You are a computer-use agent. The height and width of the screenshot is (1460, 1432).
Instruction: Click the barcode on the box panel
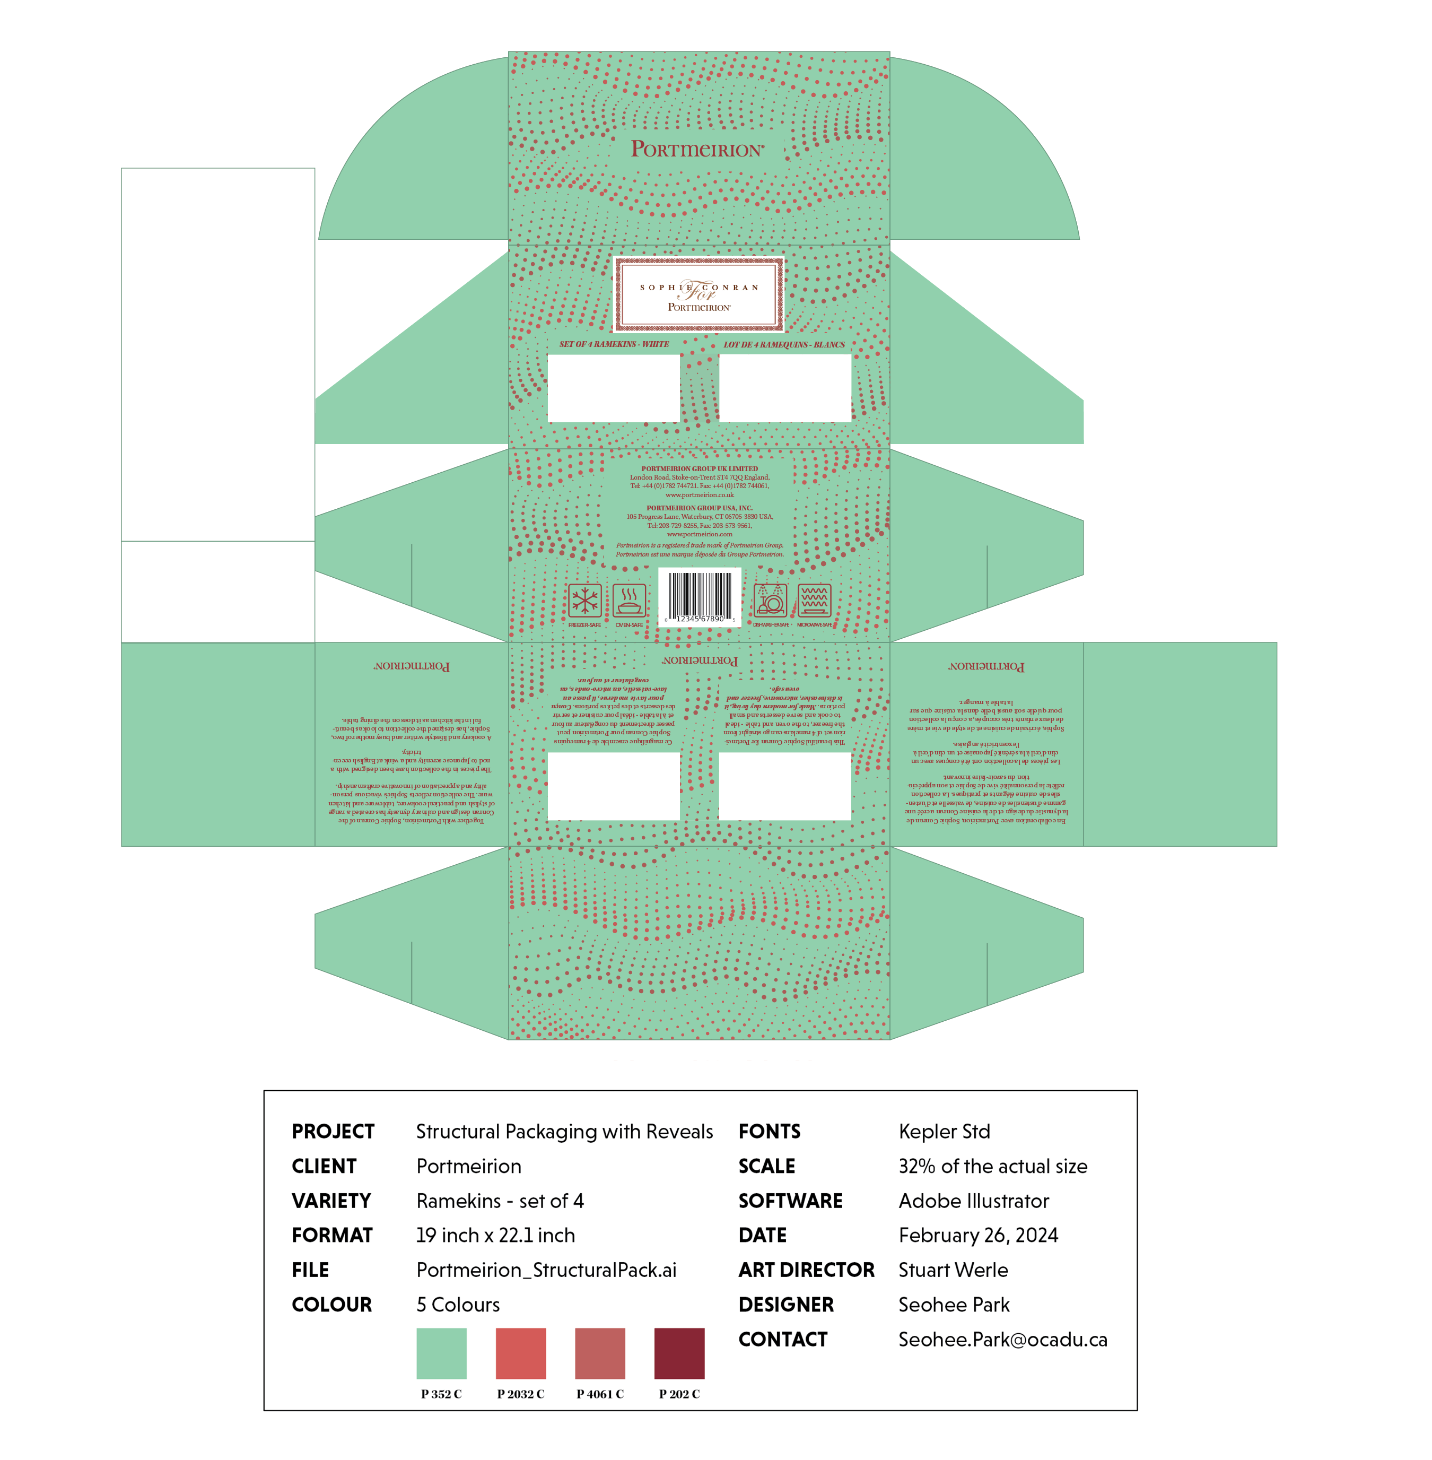(x=700, y=596)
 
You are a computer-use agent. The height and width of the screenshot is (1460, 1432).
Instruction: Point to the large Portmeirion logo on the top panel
(x=697, y=149)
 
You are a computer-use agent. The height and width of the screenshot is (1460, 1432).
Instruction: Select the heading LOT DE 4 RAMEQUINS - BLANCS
(x=784, y=344)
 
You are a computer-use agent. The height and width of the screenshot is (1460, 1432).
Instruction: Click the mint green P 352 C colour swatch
(x=441, y=1353)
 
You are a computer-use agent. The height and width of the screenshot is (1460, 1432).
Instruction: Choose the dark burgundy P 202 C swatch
(x=679, y=1353)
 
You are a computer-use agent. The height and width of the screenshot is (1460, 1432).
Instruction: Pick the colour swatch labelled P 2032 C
(x=520, y=1353)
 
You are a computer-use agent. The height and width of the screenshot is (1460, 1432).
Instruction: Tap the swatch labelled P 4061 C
(x=600, y=1353)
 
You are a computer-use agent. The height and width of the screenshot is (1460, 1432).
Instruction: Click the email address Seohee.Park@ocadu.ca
(x=1002, y=1340)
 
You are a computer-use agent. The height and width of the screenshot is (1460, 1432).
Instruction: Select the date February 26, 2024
(x=977, y=1235)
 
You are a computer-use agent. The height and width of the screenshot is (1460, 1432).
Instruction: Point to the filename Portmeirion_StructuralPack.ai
(x=547, y=1270)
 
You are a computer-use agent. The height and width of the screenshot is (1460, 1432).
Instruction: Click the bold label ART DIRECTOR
(x=806, y=1270)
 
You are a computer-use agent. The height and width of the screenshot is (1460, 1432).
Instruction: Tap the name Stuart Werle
(x=953, y=1270)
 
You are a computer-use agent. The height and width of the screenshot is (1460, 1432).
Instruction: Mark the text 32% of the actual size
(x=993, y=1166)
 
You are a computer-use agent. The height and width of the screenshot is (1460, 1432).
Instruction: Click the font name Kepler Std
(x=944, y=1131)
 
